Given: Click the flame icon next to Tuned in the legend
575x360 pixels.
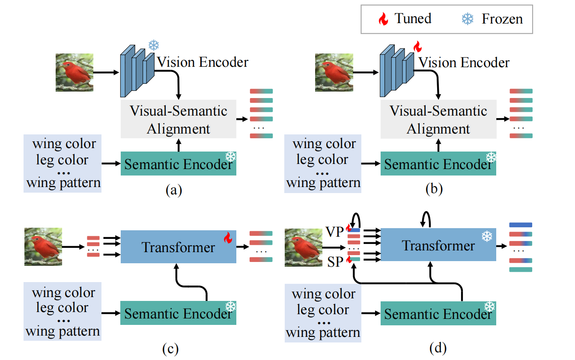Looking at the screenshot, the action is click(x=383, y=19).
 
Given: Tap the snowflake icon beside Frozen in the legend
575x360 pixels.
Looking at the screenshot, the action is click(x=468, y=19).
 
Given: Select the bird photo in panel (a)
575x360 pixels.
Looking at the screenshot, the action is click(x=74, y=72).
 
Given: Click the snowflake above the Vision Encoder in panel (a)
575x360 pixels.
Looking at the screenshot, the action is click(x=154, y=45).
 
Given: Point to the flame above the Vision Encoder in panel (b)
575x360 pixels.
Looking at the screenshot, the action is click(x=417, y=46).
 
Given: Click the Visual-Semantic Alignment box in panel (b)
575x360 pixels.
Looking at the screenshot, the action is click(x=438, y=119).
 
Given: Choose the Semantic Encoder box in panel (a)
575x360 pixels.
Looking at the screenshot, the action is click(x=179, y=164).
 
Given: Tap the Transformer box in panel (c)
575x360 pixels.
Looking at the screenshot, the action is click(x=179, y=247).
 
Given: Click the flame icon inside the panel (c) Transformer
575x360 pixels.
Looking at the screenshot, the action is click(x=228, y=238).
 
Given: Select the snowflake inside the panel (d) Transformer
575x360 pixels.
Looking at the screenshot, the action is click(x=487, y=236).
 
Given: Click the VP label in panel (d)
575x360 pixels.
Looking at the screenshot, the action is click(x=334, y=232).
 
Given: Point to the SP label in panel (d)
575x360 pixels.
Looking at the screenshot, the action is click(x=335, y=262).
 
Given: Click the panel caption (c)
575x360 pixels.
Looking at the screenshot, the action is click(x=170, y=348).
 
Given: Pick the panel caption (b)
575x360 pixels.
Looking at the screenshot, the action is click(x=434, y=189).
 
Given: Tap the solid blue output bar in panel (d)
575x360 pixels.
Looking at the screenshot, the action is click(x=521, y=225).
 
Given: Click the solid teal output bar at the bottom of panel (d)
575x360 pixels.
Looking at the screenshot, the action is click(x=521, y=269).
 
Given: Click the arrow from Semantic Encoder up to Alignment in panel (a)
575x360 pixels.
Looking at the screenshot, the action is click(x=179, y=145).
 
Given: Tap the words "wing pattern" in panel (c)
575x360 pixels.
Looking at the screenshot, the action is click(x=63, y=331).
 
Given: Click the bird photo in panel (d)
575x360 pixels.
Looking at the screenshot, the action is click(x=304, y=247).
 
